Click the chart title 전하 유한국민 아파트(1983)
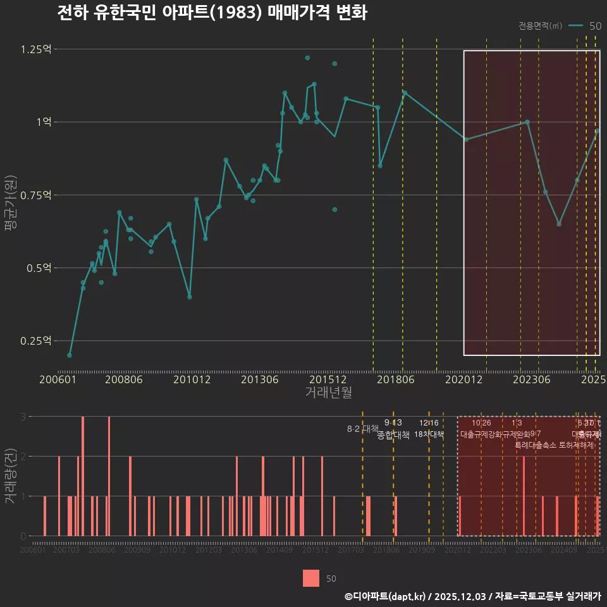tap(212, 13)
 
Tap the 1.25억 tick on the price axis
tap(36, 49)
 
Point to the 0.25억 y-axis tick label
tap(36, 341)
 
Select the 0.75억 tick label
tap(36, 195)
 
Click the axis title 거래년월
tap(329, 392)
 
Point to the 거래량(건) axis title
tap(9, 475)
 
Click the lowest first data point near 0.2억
tap(70, 355)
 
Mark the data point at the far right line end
tap(598, 131)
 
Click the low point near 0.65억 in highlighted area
tap(559, 224)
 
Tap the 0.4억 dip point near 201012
tap(190, 297)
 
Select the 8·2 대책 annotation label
tap(362, 429)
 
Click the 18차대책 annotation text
tap(429, 434)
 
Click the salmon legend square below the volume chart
tap(311, 578)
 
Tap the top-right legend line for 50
tap(576, 26)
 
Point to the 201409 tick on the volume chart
tap(279, 551)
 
